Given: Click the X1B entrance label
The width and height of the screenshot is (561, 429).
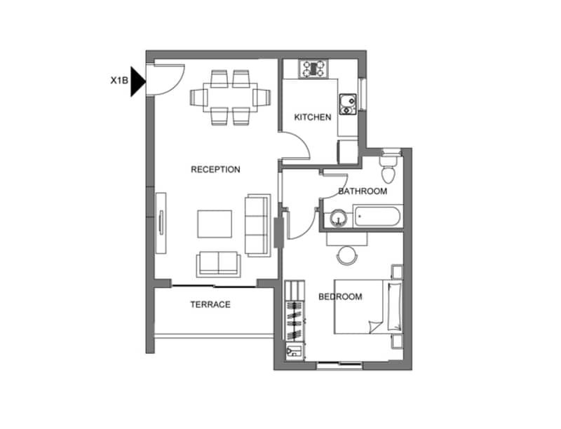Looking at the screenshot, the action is tap(119, 81).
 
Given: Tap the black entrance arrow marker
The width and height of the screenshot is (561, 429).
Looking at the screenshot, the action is tap(137, 81).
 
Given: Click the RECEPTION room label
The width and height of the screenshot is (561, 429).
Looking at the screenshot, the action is tap(215, 170).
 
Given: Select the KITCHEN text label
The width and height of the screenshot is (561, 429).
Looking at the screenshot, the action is tap(313, 117).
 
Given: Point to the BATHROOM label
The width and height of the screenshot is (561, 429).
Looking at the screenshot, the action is tap(363, 191).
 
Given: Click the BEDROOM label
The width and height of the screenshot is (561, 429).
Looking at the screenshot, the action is tap(340, 297).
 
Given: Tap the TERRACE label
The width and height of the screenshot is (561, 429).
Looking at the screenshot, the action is tap(210, 305).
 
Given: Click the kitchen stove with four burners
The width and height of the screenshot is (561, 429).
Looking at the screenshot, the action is tap(313, 69).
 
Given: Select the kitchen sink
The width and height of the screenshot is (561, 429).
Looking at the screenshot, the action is tap(348, 104).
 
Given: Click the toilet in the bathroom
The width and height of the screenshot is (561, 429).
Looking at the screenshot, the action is tap(388, 167).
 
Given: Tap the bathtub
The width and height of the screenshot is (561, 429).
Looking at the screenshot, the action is tap(378, 216).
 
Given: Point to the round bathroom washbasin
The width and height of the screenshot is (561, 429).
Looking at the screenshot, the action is tap(338, 218).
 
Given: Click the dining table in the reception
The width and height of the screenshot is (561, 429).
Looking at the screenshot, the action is tap(230, 97).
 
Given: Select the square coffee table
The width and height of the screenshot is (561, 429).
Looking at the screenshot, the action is tap(215, 224).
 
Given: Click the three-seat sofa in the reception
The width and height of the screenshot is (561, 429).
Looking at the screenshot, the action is tap(257, 225).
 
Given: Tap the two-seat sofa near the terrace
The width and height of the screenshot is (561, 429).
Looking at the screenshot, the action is tap(218, 264).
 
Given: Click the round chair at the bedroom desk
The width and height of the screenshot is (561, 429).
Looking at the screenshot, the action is tap(347, 255).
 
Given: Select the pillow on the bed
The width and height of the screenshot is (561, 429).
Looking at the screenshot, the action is tap(395, 306).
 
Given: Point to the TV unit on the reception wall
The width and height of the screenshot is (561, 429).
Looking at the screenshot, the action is tap(161, 223).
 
